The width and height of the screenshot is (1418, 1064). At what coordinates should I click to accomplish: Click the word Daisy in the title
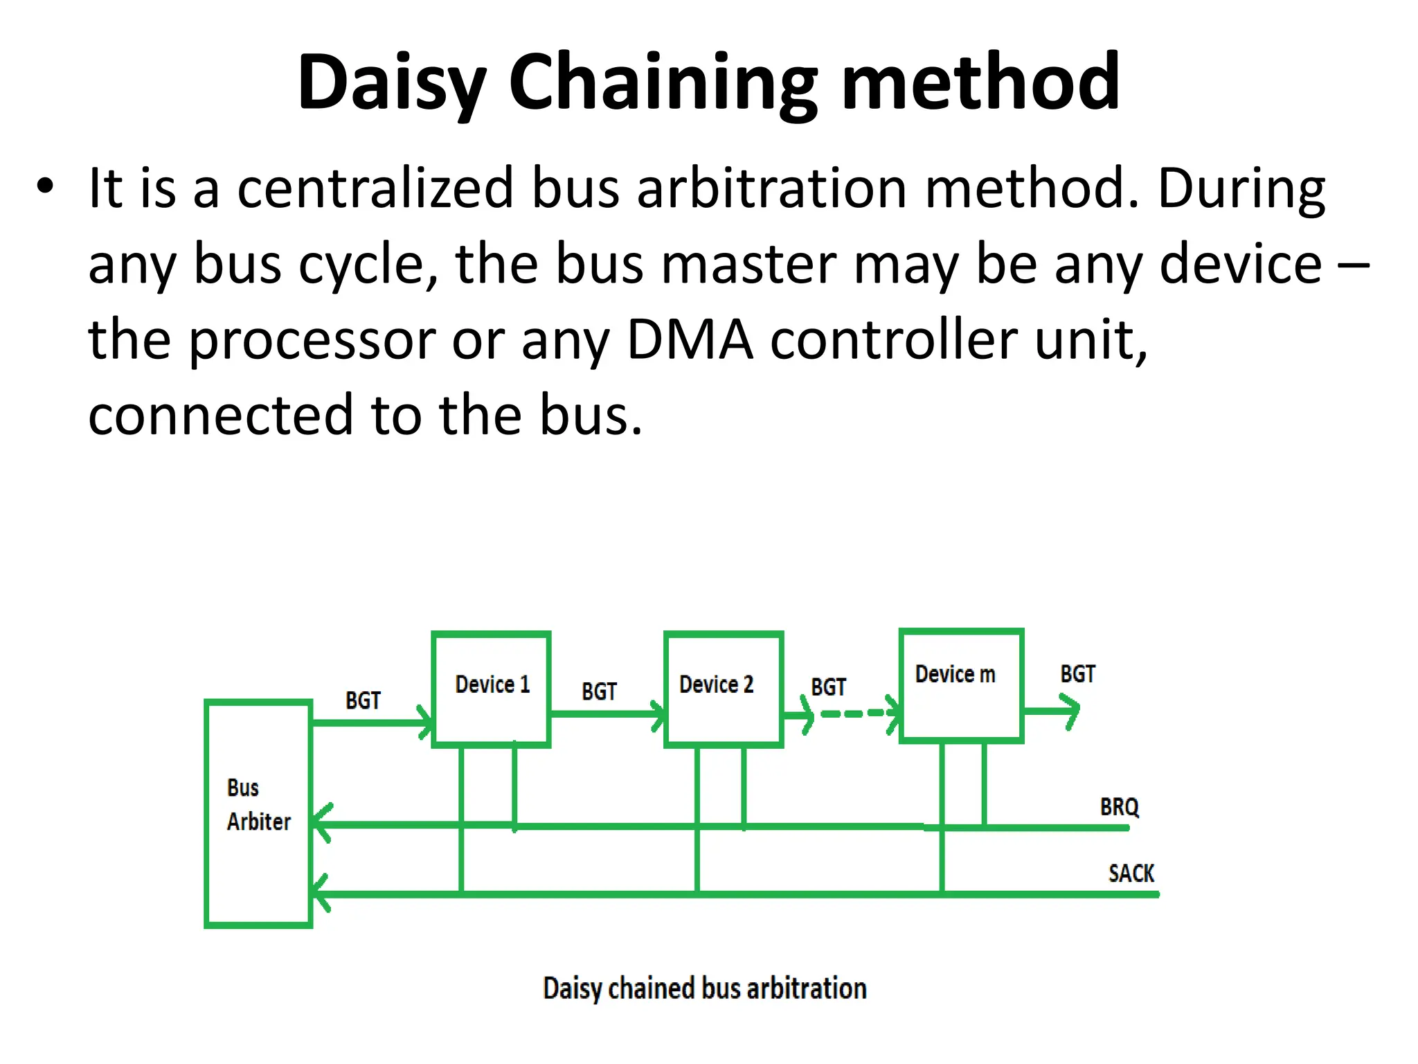392,83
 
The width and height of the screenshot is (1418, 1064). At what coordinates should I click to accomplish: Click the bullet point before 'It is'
45,187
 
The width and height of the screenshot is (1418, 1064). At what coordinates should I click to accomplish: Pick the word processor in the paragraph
312,341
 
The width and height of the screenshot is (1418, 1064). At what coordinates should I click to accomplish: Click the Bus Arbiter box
258,813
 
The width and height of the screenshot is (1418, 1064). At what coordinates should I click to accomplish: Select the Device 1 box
491,689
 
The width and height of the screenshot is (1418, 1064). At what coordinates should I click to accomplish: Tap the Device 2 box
723,689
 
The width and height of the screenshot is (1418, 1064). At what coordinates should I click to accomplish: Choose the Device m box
961,686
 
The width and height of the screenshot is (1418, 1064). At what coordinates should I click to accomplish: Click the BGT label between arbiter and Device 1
363,700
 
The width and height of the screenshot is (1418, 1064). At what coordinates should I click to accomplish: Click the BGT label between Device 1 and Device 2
599,691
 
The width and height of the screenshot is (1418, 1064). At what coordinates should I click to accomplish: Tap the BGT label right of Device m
1077,674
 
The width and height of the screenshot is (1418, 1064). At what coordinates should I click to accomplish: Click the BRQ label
1119,807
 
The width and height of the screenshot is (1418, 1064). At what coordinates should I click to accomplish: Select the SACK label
1131,874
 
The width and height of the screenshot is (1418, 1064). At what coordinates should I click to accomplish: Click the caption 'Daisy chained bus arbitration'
704,988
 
